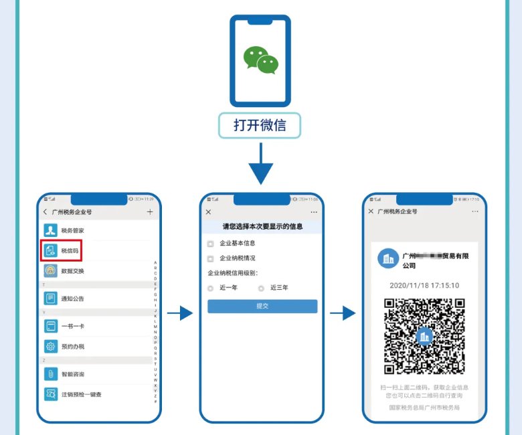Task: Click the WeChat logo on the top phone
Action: click(260, 60)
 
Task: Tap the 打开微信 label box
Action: click(260, 125)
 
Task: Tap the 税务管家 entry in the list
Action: click(72, 230)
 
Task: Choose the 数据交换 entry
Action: click(72, 271)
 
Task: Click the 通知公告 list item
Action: click(72, 298)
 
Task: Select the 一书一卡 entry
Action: click(72, 327)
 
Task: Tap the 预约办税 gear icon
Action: click(51, 346)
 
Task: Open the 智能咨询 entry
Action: click(72, 374)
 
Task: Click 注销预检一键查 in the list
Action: click(80, 394)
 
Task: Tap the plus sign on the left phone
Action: click(150, 212)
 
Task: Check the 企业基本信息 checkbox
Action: click(211, 244)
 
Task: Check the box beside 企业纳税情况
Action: click(211, 258)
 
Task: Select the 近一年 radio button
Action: click(211, 288)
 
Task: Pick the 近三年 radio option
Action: click(261, 288)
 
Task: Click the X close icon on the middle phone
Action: click(209, 212)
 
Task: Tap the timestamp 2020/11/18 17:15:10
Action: click(424, 285)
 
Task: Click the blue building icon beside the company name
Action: click(386, 259)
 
